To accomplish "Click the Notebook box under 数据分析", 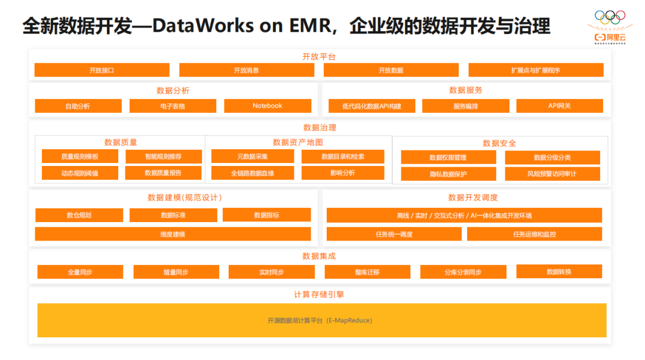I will pos(268,106).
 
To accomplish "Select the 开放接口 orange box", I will pos(102,70).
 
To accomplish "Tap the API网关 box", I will pos(560,106).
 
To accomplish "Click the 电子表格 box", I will pos(173,106).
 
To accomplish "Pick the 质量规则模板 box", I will pos(79,156).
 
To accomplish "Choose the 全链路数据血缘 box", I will pos(253,173).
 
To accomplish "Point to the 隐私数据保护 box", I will pos(448,174).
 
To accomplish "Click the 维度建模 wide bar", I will pos(173,234).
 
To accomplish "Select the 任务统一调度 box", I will pos(394,234).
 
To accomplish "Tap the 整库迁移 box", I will pos(367,272).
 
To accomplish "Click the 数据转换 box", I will pos(559,272).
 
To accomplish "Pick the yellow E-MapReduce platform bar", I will pos(321,320).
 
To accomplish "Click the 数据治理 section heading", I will pos(320,127).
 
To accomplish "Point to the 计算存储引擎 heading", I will pos(319,294).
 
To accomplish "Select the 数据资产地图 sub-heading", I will pos(297,142).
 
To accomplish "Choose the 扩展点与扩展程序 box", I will pos(536,70).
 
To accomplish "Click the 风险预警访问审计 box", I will pos(552,174).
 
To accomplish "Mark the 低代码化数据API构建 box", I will pos(371,106).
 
